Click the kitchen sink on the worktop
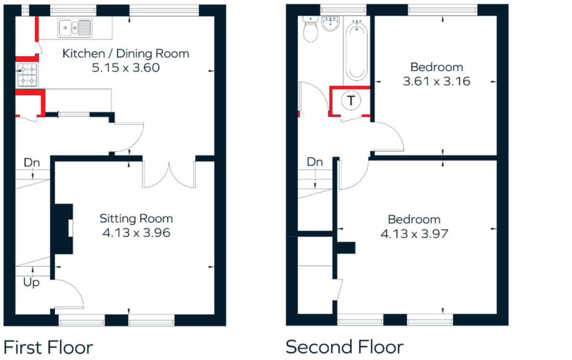[x=75, y=28]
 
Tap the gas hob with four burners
[x=27, y=74]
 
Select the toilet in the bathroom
[x=310, y=29]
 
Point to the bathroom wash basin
[x=330, y=23]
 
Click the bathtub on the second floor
[x=357, y=51]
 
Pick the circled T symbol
[x=351, y=101]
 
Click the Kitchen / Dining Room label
[x=126, y=54]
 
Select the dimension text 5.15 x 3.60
[x=126, y=68]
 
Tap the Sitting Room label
[x=136, y=219]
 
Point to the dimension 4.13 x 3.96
[x=136, y=233]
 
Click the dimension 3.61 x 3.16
[x=437, y=81]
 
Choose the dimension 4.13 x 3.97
[x=414, y=234]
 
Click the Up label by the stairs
[x=31, y=283]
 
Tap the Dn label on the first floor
[x=31, y=163]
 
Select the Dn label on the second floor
[x=315, y=162]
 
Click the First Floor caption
[x=48, y=348]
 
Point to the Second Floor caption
[x=345, y=347]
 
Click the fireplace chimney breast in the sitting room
[x=61, y=229]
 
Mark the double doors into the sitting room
[x=169, y=175]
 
